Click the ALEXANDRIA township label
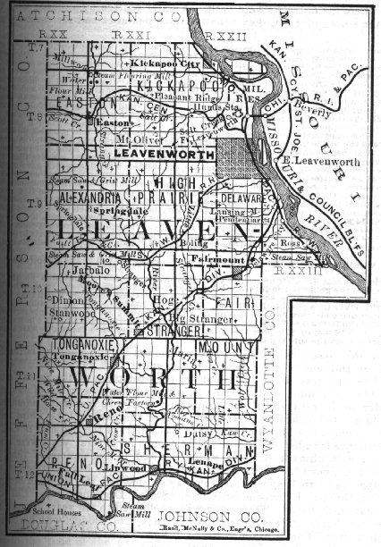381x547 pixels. point(92,194)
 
